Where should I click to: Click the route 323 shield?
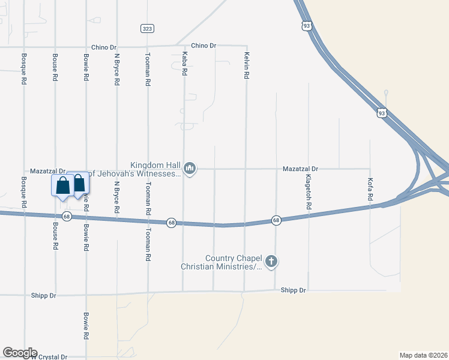coord(147,28)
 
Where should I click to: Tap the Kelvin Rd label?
coord(246,67)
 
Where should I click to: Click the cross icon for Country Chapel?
coord(271,262)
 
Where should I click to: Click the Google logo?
coord(20,353)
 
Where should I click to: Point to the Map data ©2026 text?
coord(423,355)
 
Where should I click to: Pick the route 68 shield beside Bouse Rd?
coord(67,217)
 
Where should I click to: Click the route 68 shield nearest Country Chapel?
coord(276,220)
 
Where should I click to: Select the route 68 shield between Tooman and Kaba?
coord(172,223)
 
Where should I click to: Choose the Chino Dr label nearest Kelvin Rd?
coord(203,46)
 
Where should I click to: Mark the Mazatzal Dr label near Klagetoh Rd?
coord(300,170)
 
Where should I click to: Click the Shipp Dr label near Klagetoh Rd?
coord(294,290)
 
